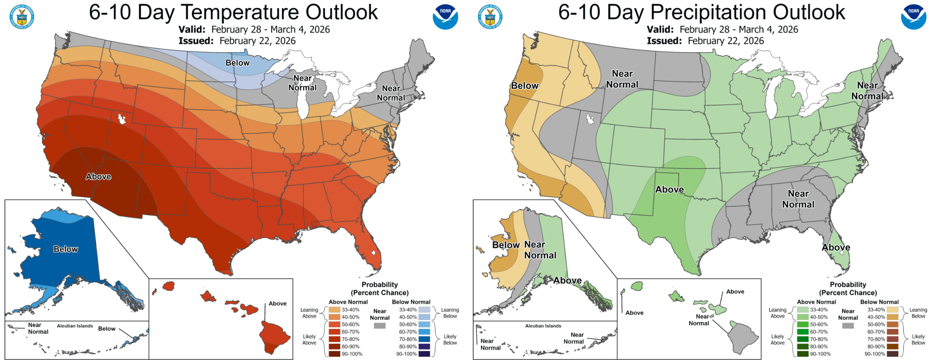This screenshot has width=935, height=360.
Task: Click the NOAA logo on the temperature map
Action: tap(445, 17)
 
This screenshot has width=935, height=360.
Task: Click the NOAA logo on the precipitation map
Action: tap(913, 17)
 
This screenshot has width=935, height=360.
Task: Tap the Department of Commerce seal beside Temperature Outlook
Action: tap(22, 17)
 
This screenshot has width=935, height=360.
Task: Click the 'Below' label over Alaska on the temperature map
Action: tap(66, 249)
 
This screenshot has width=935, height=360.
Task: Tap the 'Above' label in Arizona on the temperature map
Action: tap(99, 177)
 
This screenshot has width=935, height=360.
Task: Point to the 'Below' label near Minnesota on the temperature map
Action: tap(237, 63)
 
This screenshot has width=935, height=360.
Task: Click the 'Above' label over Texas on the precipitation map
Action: tap(669, 189)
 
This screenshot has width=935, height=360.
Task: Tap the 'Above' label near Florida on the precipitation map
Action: tap(836, 248)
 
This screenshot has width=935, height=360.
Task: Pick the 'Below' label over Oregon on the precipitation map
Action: tap(525, 86)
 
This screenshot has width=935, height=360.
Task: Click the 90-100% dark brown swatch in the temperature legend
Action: tap(334, 354)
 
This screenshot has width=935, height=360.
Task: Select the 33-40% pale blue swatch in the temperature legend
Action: tap(424, 310)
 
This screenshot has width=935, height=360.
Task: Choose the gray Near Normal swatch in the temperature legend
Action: tap(379, 326)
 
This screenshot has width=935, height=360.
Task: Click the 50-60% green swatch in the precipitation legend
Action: tap(803, 324)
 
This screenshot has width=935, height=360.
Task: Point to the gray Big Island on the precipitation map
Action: tap(741, 338)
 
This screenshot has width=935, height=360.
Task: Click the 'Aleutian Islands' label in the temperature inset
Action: tap(75, 326)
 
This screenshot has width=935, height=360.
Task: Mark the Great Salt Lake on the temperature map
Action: tap(122, 119)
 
